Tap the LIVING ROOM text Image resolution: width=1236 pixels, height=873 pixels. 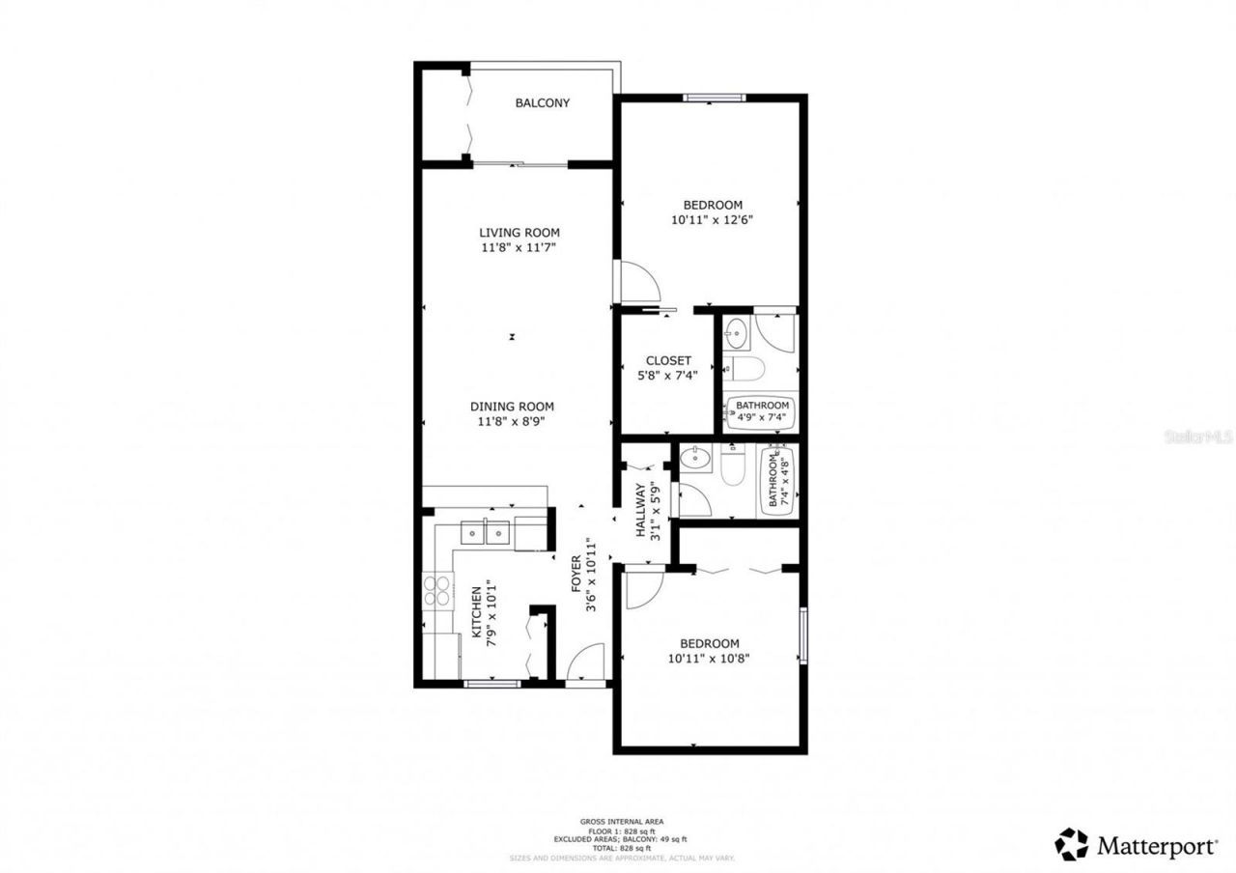(520, 233)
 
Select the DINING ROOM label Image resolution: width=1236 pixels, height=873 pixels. (512, 407)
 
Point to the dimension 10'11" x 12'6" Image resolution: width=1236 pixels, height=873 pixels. (713, 219)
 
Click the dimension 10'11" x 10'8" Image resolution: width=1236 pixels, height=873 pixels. (709, 659)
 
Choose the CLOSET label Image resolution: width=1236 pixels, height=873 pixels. (668, 361)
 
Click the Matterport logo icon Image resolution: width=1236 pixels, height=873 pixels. (1071, 844)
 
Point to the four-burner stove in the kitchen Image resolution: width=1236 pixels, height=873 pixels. (437, 590)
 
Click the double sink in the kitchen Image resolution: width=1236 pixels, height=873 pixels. (486, 532)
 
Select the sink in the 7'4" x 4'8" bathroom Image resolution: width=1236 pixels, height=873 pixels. (694, 458)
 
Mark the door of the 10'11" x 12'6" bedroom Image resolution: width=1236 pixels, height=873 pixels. (637, 282)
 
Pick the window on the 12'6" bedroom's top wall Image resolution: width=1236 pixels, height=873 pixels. (715, 97)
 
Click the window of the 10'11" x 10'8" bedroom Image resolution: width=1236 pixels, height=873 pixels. (802, 635)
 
